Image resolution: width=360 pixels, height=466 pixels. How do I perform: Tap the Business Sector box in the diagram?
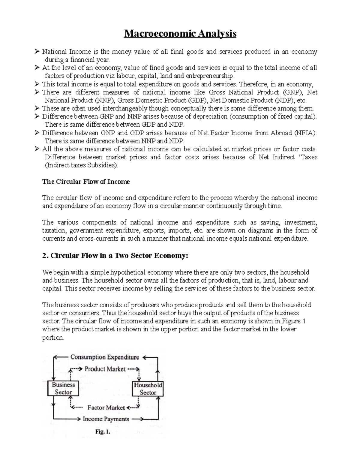click(63, 389)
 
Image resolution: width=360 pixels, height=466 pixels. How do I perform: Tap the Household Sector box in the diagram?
click(148, 389)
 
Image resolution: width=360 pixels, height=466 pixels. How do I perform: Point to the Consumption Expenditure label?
click(105, 357)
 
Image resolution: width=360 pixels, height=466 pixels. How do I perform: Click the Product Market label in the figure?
click(105, 369)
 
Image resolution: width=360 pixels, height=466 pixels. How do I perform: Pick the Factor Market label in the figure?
click(106, 408)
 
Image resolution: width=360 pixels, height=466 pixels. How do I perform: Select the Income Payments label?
click(106, 419)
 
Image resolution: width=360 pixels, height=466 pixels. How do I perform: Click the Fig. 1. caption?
click(103, 432)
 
